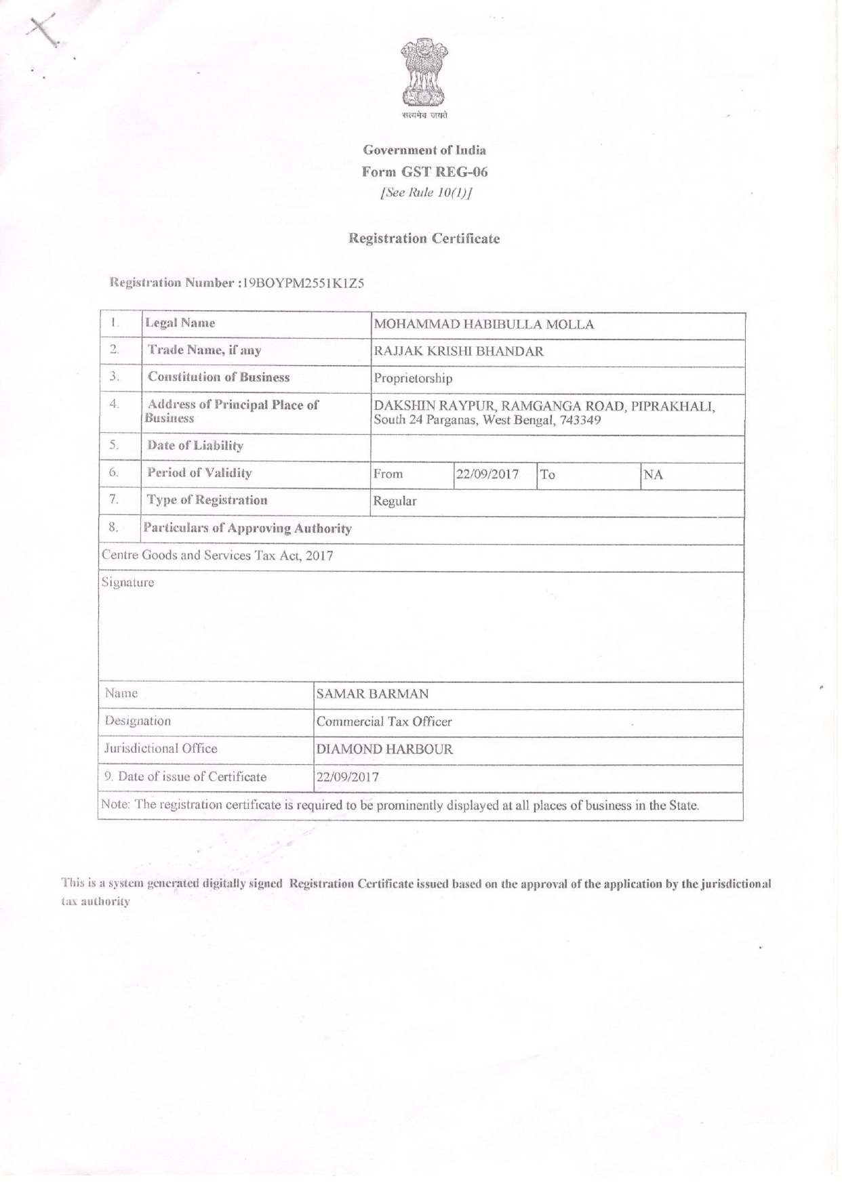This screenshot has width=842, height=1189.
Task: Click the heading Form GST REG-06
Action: click(424, 171)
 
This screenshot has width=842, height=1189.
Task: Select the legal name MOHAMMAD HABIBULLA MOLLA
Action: click(483, 325)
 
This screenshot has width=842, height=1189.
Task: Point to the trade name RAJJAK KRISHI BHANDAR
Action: click(458, 352)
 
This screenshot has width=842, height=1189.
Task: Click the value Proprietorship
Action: click(412, 379)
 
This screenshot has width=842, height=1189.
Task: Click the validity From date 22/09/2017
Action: click(487, 474)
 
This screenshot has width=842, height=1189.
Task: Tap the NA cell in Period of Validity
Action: click(653, 475)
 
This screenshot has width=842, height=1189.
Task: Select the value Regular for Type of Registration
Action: click(395, 501)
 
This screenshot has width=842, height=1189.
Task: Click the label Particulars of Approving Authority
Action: click(247, 528)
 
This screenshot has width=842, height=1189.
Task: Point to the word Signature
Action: click(127, 583)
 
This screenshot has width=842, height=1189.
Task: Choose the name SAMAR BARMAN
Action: click(372, 694)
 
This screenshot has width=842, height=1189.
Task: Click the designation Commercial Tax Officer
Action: click(384, 722)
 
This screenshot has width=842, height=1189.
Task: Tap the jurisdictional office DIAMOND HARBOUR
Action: click(384, 750)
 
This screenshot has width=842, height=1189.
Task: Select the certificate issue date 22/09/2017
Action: click(347, 777)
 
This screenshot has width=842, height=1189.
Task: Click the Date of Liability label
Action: click(195, 446)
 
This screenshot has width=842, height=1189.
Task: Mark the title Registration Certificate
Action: click(424, 238)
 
